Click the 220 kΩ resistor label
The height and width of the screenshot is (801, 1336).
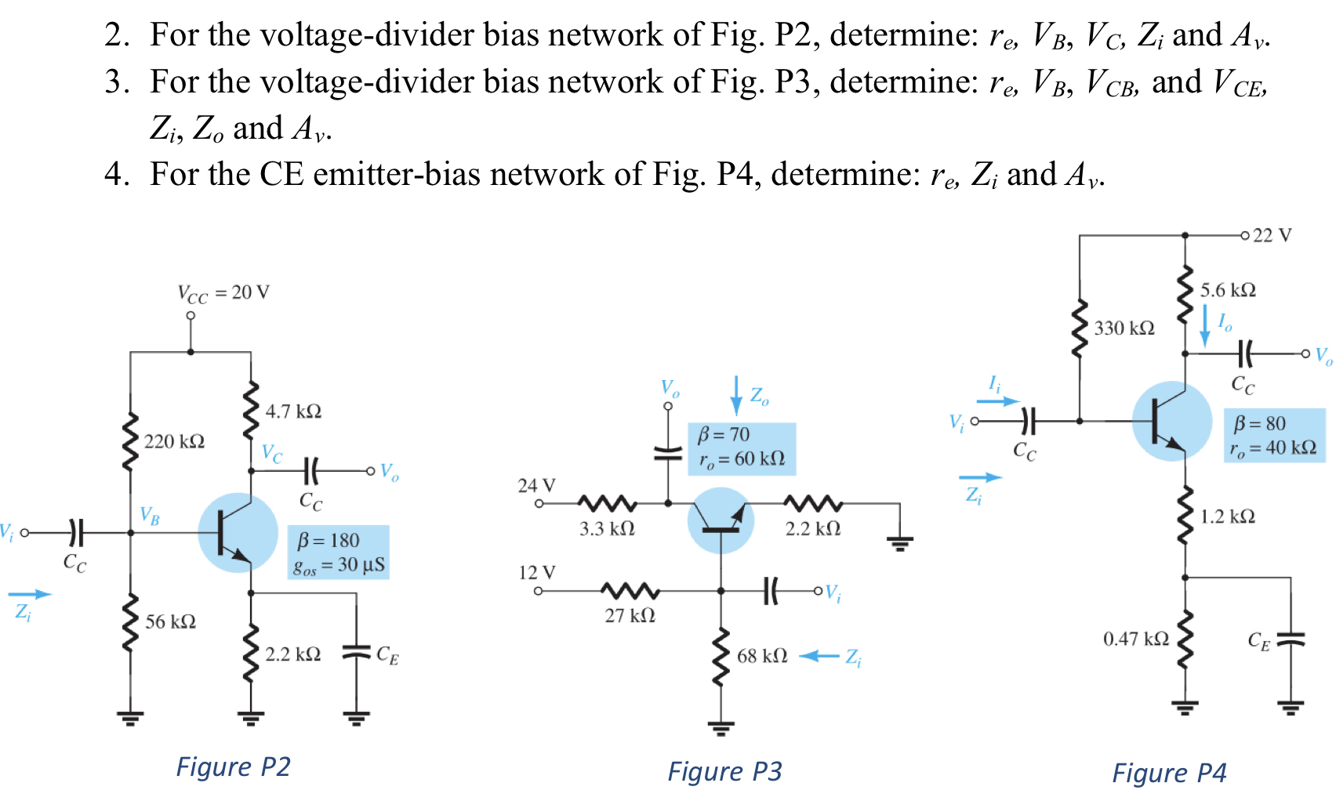[x=174, y=441]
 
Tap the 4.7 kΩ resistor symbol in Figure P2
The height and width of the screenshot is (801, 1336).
[x=251, y=411]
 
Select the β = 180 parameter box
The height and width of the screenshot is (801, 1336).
[x=339, y=552]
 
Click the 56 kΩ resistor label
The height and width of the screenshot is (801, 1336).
[x=170, y=622]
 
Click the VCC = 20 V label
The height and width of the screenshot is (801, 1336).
[x=223, y=293]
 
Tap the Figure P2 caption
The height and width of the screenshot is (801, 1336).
[x=233, y=766]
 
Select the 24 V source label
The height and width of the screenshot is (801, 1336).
[x=536, y=485]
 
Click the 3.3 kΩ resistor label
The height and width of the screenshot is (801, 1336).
[x=607, y=528]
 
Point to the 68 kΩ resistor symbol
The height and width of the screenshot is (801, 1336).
[x=721, y=657]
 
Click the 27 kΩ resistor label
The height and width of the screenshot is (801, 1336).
[x=630, y=615]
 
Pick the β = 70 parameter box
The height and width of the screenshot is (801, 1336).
[x=742, y=448]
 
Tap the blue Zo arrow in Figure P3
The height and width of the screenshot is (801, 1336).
[x=735, y=395]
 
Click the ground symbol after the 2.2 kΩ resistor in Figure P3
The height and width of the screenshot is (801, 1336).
[x=899, y=541]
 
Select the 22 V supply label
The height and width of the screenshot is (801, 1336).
[x=1272, y=235]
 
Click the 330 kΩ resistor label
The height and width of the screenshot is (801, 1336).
[x=1124, y=328]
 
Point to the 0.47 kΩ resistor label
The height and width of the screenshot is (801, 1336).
[x=1135, y=639]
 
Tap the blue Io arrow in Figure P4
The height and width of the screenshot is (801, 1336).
[x=1205, y=325]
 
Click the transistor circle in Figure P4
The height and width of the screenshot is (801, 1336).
[x=1172, y=421]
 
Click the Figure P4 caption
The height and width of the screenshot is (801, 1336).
[x=1169, y=773]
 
